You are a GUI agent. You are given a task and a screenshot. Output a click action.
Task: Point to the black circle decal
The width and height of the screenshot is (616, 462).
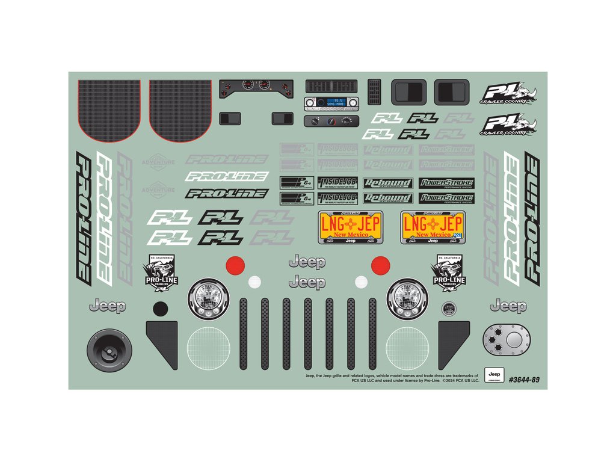point(160,309)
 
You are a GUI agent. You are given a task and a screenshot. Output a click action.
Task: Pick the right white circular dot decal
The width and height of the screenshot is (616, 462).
point(361,281)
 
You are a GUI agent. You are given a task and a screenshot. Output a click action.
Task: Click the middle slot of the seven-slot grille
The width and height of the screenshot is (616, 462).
point(308,333)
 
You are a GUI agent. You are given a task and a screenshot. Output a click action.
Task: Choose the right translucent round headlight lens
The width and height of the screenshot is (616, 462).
point(407,350)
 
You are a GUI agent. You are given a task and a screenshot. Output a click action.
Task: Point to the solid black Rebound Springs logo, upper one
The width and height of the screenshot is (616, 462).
point(389,183)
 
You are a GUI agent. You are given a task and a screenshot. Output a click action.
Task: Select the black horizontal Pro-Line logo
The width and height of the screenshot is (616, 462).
point(226,194)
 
